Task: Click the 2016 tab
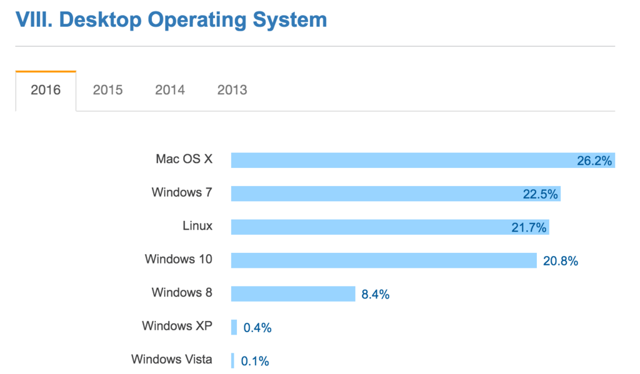(46, 90)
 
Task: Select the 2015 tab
(107, 90)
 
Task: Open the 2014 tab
(170, 90)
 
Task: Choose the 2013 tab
(232, 90)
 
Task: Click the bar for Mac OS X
(400, 160)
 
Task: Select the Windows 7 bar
(375, 194)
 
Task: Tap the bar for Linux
(369, 227)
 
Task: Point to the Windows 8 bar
(293, 293)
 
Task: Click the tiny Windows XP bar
(234, 327)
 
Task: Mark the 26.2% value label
(594, 161)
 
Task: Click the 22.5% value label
(540, 194)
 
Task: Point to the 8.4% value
(375, 294)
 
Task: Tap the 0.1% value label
(256, 361)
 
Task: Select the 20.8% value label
(560, 261)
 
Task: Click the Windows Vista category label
(171, 359)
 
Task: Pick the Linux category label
(197, 225)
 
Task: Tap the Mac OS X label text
(184, 159)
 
